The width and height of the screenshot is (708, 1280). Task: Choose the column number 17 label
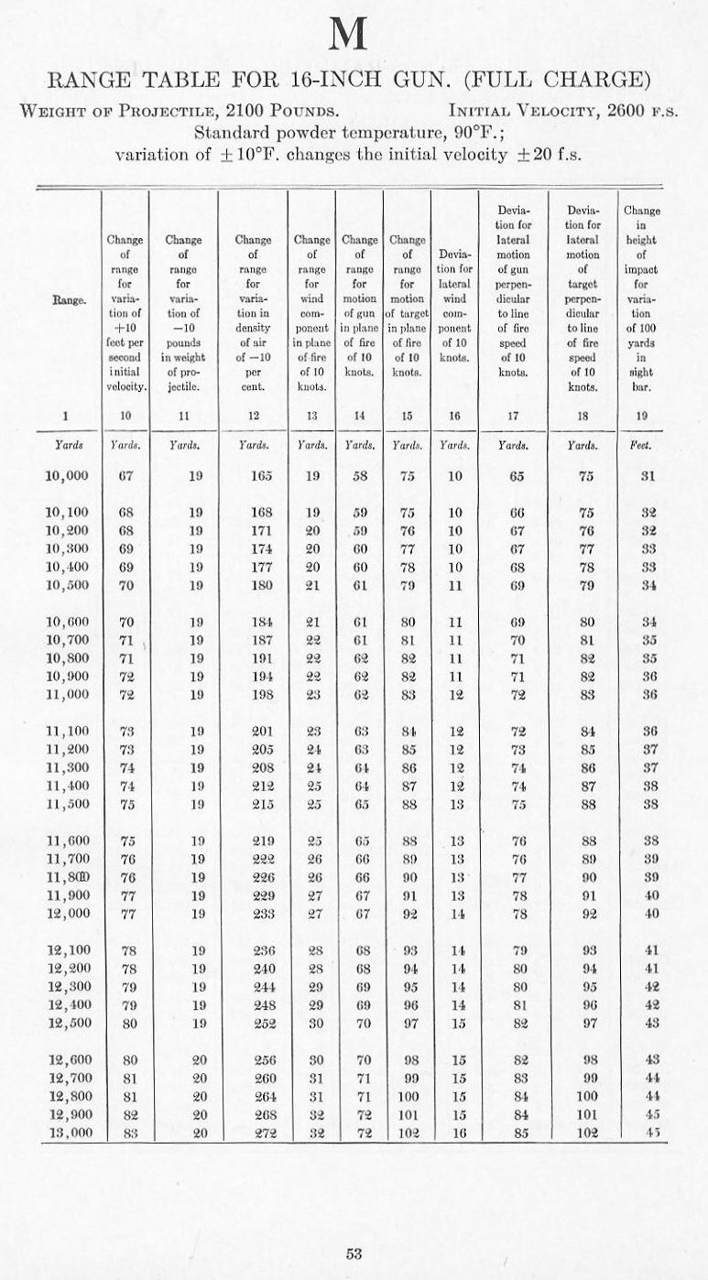[519, 416]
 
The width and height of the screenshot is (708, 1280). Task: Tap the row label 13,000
[66, 1132]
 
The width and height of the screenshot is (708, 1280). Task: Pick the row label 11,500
[66, 803]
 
